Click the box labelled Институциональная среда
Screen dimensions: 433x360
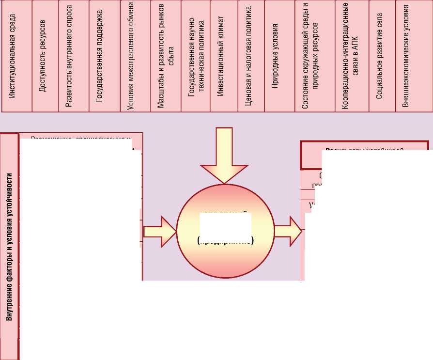16,56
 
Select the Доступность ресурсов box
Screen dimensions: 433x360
45,56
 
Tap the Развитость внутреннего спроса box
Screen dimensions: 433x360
74,56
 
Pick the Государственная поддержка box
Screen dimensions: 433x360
105,56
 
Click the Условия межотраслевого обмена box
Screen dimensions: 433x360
135,56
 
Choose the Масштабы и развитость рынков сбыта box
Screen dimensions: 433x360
166,56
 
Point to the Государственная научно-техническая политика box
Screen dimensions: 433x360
196,56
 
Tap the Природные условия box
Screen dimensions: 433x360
279,56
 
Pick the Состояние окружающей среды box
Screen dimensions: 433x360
314,56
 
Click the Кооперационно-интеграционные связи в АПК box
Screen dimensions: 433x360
351,56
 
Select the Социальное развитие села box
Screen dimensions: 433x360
382,56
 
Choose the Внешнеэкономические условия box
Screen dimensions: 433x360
414,56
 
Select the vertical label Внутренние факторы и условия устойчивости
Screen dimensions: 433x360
9,247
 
